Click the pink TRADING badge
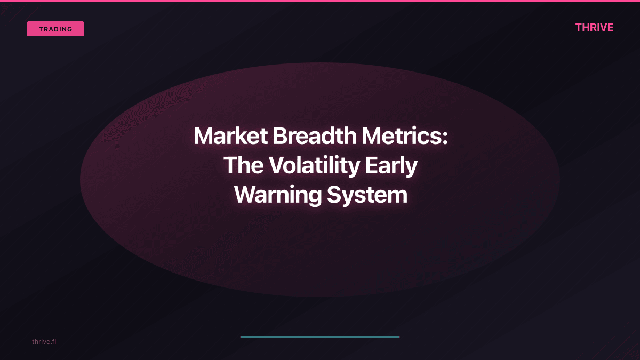point(55,29)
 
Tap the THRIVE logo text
point(594,27)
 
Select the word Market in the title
point(230,136)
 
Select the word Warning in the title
point(277,195)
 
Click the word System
point(367,195)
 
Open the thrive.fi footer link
point(44,341)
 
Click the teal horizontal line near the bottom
point(320,337)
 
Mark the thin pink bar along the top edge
point(320,1)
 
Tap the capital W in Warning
point(245,195)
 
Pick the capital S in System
point(334,195)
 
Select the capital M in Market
point(204,136)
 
